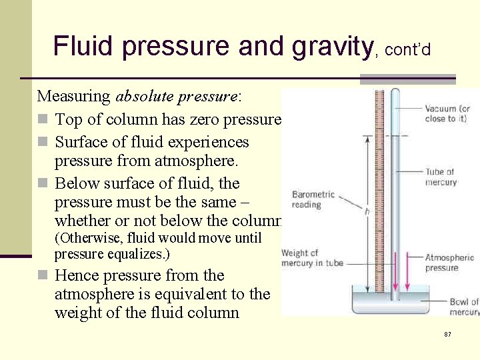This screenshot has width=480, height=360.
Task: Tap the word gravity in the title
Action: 331,46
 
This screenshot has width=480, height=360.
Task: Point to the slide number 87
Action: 448,333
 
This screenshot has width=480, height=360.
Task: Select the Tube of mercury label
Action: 441,177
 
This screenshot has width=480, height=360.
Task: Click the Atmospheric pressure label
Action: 449,263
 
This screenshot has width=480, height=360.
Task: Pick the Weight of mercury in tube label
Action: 312,258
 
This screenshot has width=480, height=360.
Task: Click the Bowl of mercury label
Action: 463,307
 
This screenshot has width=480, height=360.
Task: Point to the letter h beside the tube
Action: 367,211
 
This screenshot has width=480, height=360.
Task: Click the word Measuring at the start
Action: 74,96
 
